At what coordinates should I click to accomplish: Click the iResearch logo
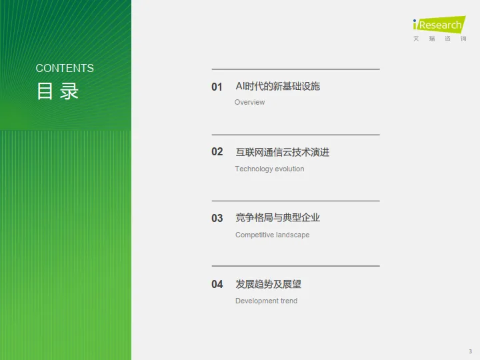[438, 25]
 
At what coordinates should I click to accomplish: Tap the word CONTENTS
[65, 68]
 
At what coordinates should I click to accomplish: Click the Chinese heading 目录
[57, 91]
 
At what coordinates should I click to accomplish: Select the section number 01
[217, 87]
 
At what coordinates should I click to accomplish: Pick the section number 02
[217, 152]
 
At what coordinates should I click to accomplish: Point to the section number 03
[217, 218]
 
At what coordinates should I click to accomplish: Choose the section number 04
[217, 285]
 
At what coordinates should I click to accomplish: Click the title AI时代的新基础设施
[277, 87]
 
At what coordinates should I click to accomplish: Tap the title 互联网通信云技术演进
[282, 152]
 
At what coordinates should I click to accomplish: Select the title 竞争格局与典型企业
[277, 218]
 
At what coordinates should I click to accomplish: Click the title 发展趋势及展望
[268, 285]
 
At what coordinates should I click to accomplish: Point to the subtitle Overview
[249, 102]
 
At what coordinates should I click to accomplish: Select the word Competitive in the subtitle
[255, 235]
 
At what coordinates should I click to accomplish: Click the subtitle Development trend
[266, 301]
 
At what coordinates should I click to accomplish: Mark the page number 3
[470, 351]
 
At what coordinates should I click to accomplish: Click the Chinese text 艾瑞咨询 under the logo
[439, 39]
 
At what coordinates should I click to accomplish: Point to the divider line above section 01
[295, 69]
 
